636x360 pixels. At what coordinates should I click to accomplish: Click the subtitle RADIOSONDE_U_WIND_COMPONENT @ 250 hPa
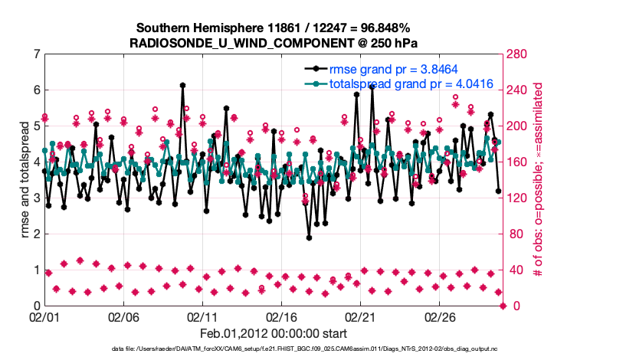point(274,42)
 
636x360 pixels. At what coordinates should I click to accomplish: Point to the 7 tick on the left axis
point(38,54)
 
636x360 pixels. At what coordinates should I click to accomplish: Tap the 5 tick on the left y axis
point(38,126)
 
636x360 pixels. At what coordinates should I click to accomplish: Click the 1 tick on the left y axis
point(38,270)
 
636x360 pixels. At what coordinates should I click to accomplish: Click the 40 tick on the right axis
point(513,270)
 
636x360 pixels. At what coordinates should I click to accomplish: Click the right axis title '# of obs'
point(539,180)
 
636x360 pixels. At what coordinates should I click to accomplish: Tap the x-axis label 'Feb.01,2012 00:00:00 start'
point(274,334)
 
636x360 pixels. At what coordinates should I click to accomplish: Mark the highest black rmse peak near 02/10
point(182,85)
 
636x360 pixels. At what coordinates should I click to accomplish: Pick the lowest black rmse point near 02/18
point(309,237)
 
